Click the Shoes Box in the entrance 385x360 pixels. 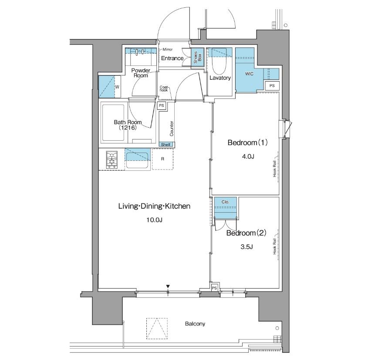coord(198,57)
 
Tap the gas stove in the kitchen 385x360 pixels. coord(112,160)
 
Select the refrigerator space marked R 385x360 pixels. coord(162,159)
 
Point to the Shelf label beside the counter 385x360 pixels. coord(165,145)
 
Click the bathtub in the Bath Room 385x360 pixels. coord(113,123)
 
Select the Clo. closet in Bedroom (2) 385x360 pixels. coord(226,207)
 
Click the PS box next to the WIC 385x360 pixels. coord(272,85)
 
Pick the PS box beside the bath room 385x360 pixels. coord(161,105)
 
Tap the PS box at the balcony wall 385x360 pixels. coord(214,288)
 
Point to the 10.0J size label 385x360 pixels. coord(155,220)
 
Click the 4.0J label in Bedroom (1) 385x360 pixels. coord(248,156)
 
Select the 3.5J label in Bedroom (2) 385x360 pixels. coord(247,247)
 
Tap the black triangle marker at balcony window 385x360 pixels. coord(168,286)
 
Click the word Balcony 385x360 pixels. coord(195,324)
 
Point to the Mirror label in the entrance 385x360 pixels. coord(167,49)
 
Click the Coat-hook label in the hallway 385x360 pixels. coord(164,89)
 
